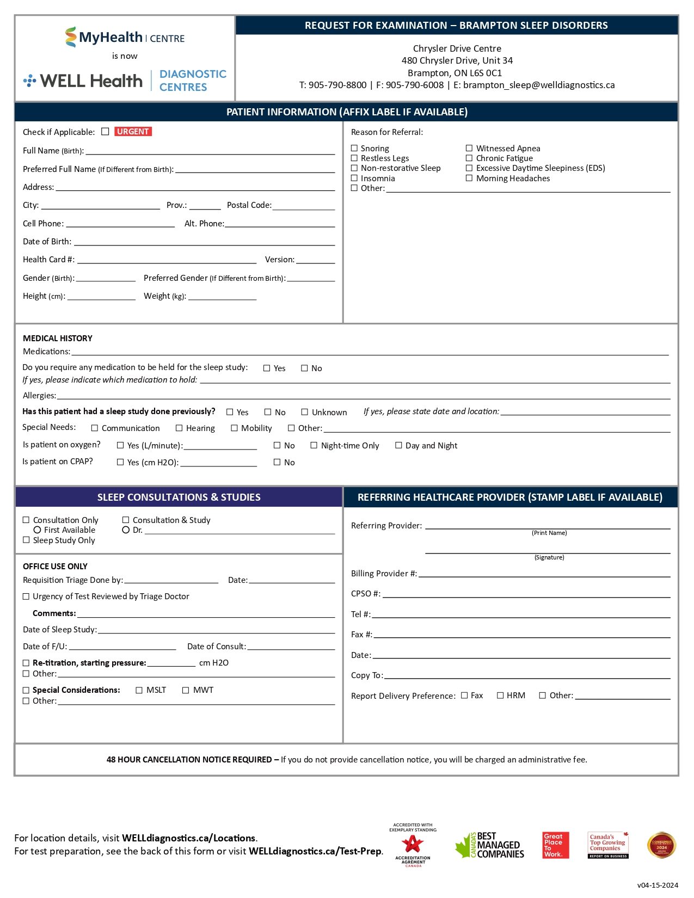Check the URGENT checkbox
point(105,132)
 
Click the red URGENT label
point(133,132)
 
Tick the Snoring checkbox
point(354,148)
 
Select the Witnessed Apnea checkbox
point(469,148)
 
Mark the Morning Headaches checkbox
point(469,178)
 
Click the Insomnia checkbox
point(354,178)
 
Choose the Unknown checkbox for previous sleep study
point(305,412)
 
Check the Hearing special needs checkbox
point(179,428)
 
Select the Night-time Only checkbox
point(314,445)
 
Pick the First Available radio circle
point(38,530)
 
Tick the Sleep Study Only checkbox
point(26,540)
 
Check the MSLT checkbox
point(139,690)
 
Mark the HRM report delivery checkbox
point(500,696)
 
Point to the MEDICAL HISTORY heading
point(58,339)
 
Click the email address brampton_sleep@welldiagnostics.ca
point(539,85)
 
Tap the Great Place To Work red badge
point(556,845)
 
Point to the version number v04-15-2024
point(658,885)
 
